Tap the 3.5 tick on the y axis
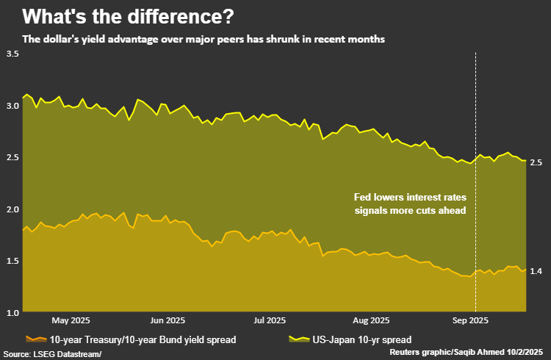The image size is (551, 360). coord(12,54)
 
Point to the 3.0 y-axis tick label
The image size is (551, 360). coord(12,106)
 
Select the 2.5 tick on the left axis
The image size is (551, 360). coord(12,157)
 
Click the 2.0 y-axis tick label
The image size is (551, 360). coord(12,209)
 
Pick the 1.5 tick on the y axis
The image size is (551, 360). coord(12,260)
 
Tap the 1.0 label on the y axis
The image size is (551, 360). coord(12,312)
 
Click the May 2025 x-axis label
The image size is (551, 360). coord(71,320)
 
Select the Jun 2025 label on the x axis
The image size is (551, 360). coord(167,320)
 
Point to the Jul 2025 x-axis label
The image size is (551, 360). coord(268,320)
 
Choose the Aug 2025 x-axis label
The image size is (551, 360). coord(370,320)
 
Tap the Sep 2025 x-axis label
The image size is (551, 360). coord(470,320)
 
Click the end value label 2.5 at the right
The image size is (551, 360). coord(536,162)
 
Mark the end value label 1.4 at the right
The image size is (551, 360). coord(536,271)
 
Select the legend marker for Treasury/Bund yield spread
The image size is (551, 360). coord(34,339)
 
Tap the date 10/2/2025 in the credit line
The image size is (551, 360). coord(529,353)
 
